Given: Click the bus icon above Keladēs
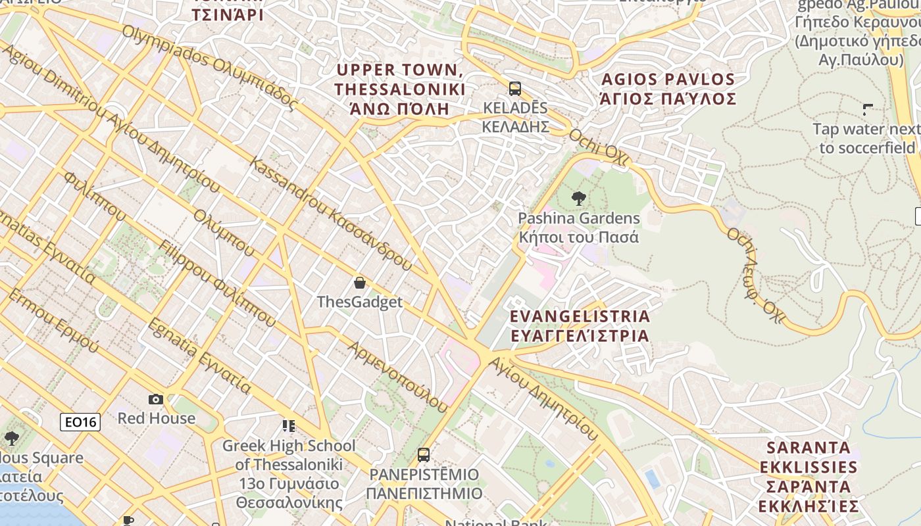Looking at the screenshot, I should click(515, 88).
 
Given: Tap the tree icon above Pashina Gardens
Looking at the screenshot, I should click(579, 197).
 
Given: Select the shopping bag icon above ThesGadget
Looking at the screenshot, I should click(359, 283).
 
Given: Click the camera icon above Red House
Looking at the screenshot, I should click(156, 399).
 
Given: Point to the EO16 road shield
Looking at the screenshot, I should click(80, 422).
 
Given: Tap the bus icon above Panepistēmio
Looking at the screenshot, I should click(424, 454).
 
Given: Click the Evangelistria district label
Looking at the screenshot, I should click(580, 325).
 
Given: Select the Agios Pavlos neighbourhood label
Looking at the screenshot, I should click(668, 89).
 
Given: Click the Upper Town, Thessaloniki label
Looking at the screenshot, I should click(399, 89).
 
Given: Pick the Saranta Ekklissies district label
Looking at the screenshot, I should click(809, 477).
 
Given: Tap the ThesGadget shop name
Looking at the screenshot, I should click(359, 302).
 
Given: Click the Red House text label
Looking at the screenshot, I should click(156, 418).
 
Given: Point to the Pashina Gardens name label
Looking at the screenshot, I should click(579, 227).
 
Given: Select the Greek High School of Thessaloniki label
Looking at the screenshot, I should click(289, 473).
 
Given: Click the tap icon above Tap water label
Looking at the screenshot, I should click(868, 109).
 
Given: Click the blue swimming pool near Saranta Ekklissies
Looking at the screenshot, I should click(652, 479).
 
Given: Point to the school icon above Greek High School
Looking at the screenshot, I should click(289, 426).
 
